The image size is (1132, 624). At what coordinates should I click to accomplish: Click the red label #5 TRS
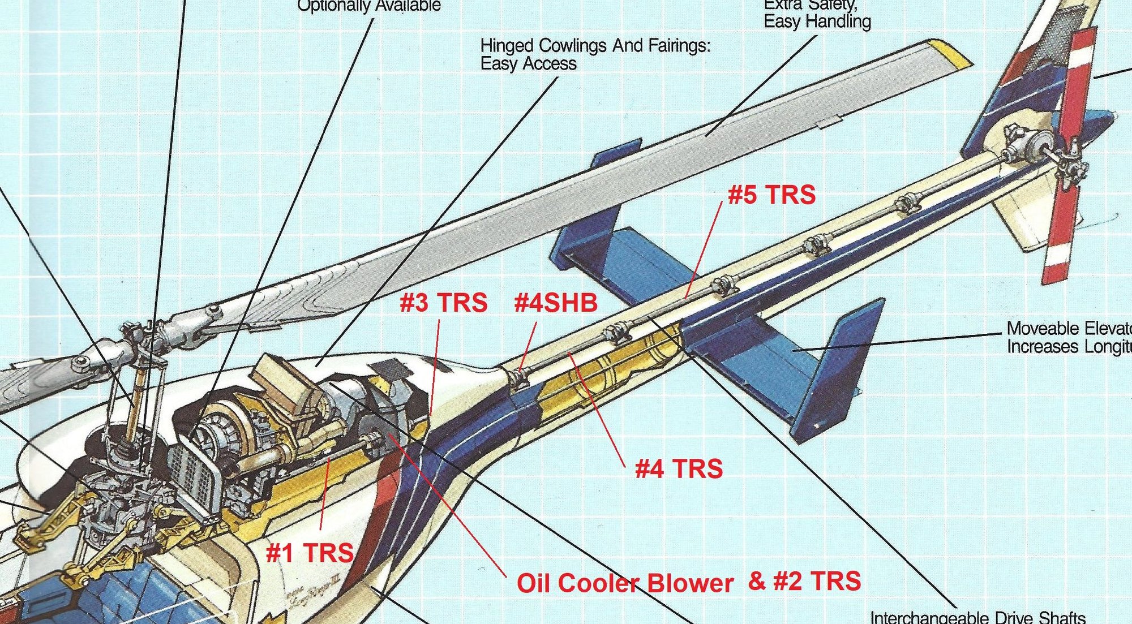click(771, 195)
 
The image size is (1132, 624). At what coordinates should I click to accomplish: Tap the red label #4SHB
click(556, 303)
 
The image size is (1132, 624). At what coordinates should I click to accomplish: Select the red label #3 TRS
click(443, 303)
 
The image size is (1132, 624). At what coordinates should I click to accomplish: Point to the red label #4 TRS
click(679, 469)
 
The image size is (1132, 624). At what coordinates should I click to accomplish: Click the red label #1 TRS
click(310, 553)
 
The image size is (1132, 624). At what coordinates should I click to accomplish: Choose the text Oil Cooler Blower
click(625, 583)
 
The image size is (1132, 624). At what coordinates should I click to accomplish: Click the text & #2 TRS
click(804, 581)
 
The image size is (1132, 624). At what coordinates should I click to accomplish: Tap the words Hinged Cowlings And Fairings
click(594, 45)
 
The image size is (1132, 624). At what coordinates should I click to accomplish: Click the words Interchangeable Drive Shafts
click(977, 617)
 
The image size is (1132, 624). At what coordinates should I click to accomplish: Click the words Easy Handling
click(817, 21)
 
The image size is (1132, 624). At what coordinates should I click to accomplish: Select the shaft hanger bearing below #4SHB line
click(518, 377)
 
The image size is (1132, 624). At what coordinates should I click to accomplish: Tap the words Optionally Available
click(368, 6)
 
